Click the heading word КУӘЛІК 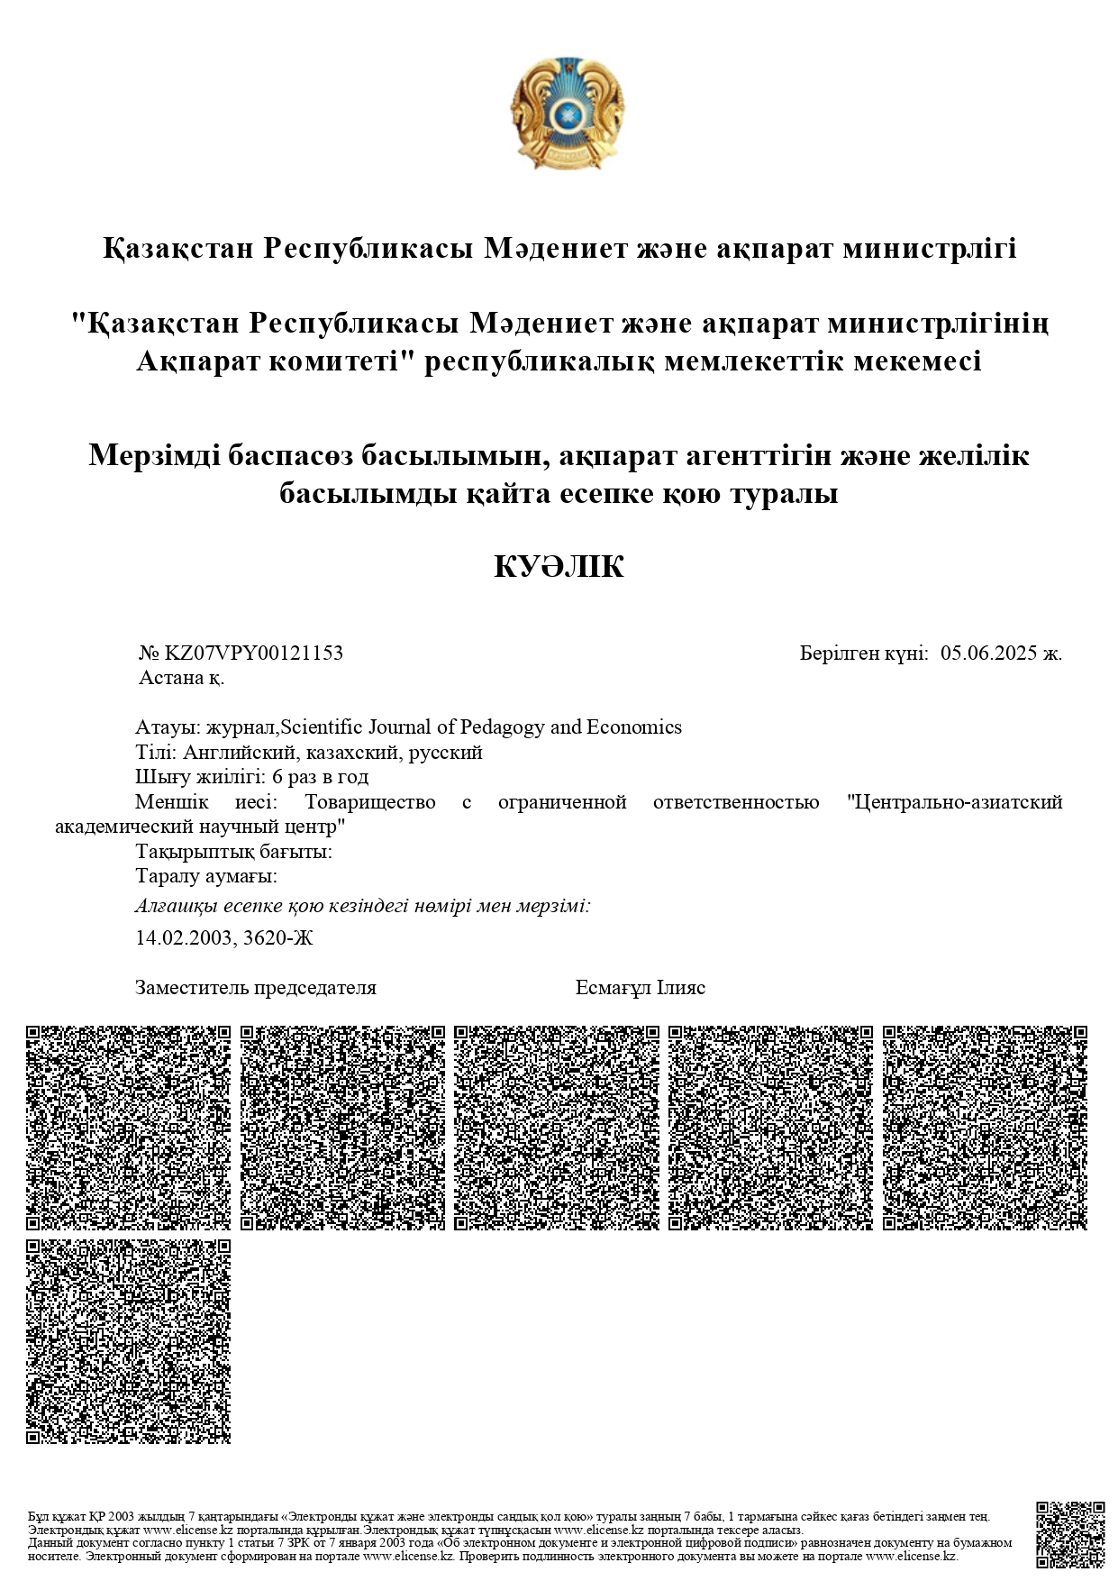tap(559, 567)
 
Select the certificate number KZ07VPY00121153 tap(253, 653)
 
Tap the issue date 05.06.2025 tap(987, 653)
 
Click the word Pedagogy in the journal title tap(503, 727)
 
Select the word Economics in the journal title tap(633, 727)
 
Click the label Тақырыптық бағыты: tap(233, 852)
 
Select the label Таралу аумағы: tap(205, 876)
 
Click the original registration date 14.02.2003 tap(185, 938)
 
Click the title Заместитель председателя tap(255, 988)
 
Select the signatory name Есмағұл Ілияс tap(640, 988)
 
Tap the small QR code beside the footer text tap(1069, 1534)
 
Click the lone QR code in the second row tap(128, 1340)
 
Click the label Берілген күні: tap(863, 653)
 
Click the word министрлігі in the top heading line tap(928, 248)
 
